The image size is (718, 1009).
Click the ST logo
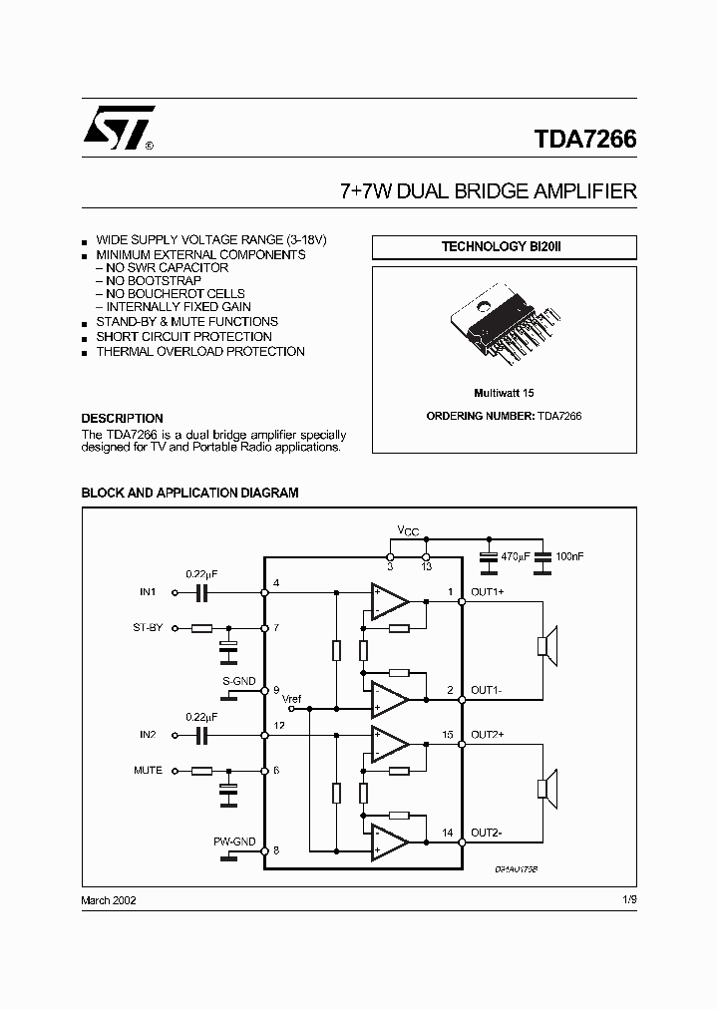tap(118, 128)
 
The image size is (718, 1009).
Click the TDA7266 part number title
tap(583, 140)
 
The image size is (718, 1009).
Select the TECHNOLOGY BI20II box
tap(504, 246)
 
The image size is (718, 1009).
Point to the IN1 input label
tap(148, 592)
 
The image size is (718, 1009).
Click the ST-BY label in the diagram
tap(149, 628)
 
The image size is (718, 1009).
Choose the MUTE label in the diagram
tap(148, 771)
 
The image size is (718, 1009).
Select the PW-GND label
tap(234, 842)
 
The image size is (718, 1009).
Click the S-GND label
tap(239, 681)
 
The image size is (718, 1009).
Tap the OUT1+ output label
tap(488, 592)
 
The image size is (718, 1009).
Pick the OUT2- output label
tap(487, 833)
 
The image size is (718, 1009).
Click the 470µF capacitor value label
tap(516, 554)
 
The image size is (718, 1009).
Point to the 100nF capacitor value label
tap(571, 554)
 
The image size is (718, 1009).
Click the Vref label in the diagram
tap(291, 698)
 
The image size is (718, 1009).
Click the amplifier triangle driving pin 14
tap(388, 842)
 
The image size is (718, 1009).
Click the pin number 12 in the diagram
tap(278, 725)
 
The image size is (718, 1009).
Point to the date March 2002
tap(108, 899)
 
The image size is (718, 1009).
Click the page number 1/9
tap(628, 899)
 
